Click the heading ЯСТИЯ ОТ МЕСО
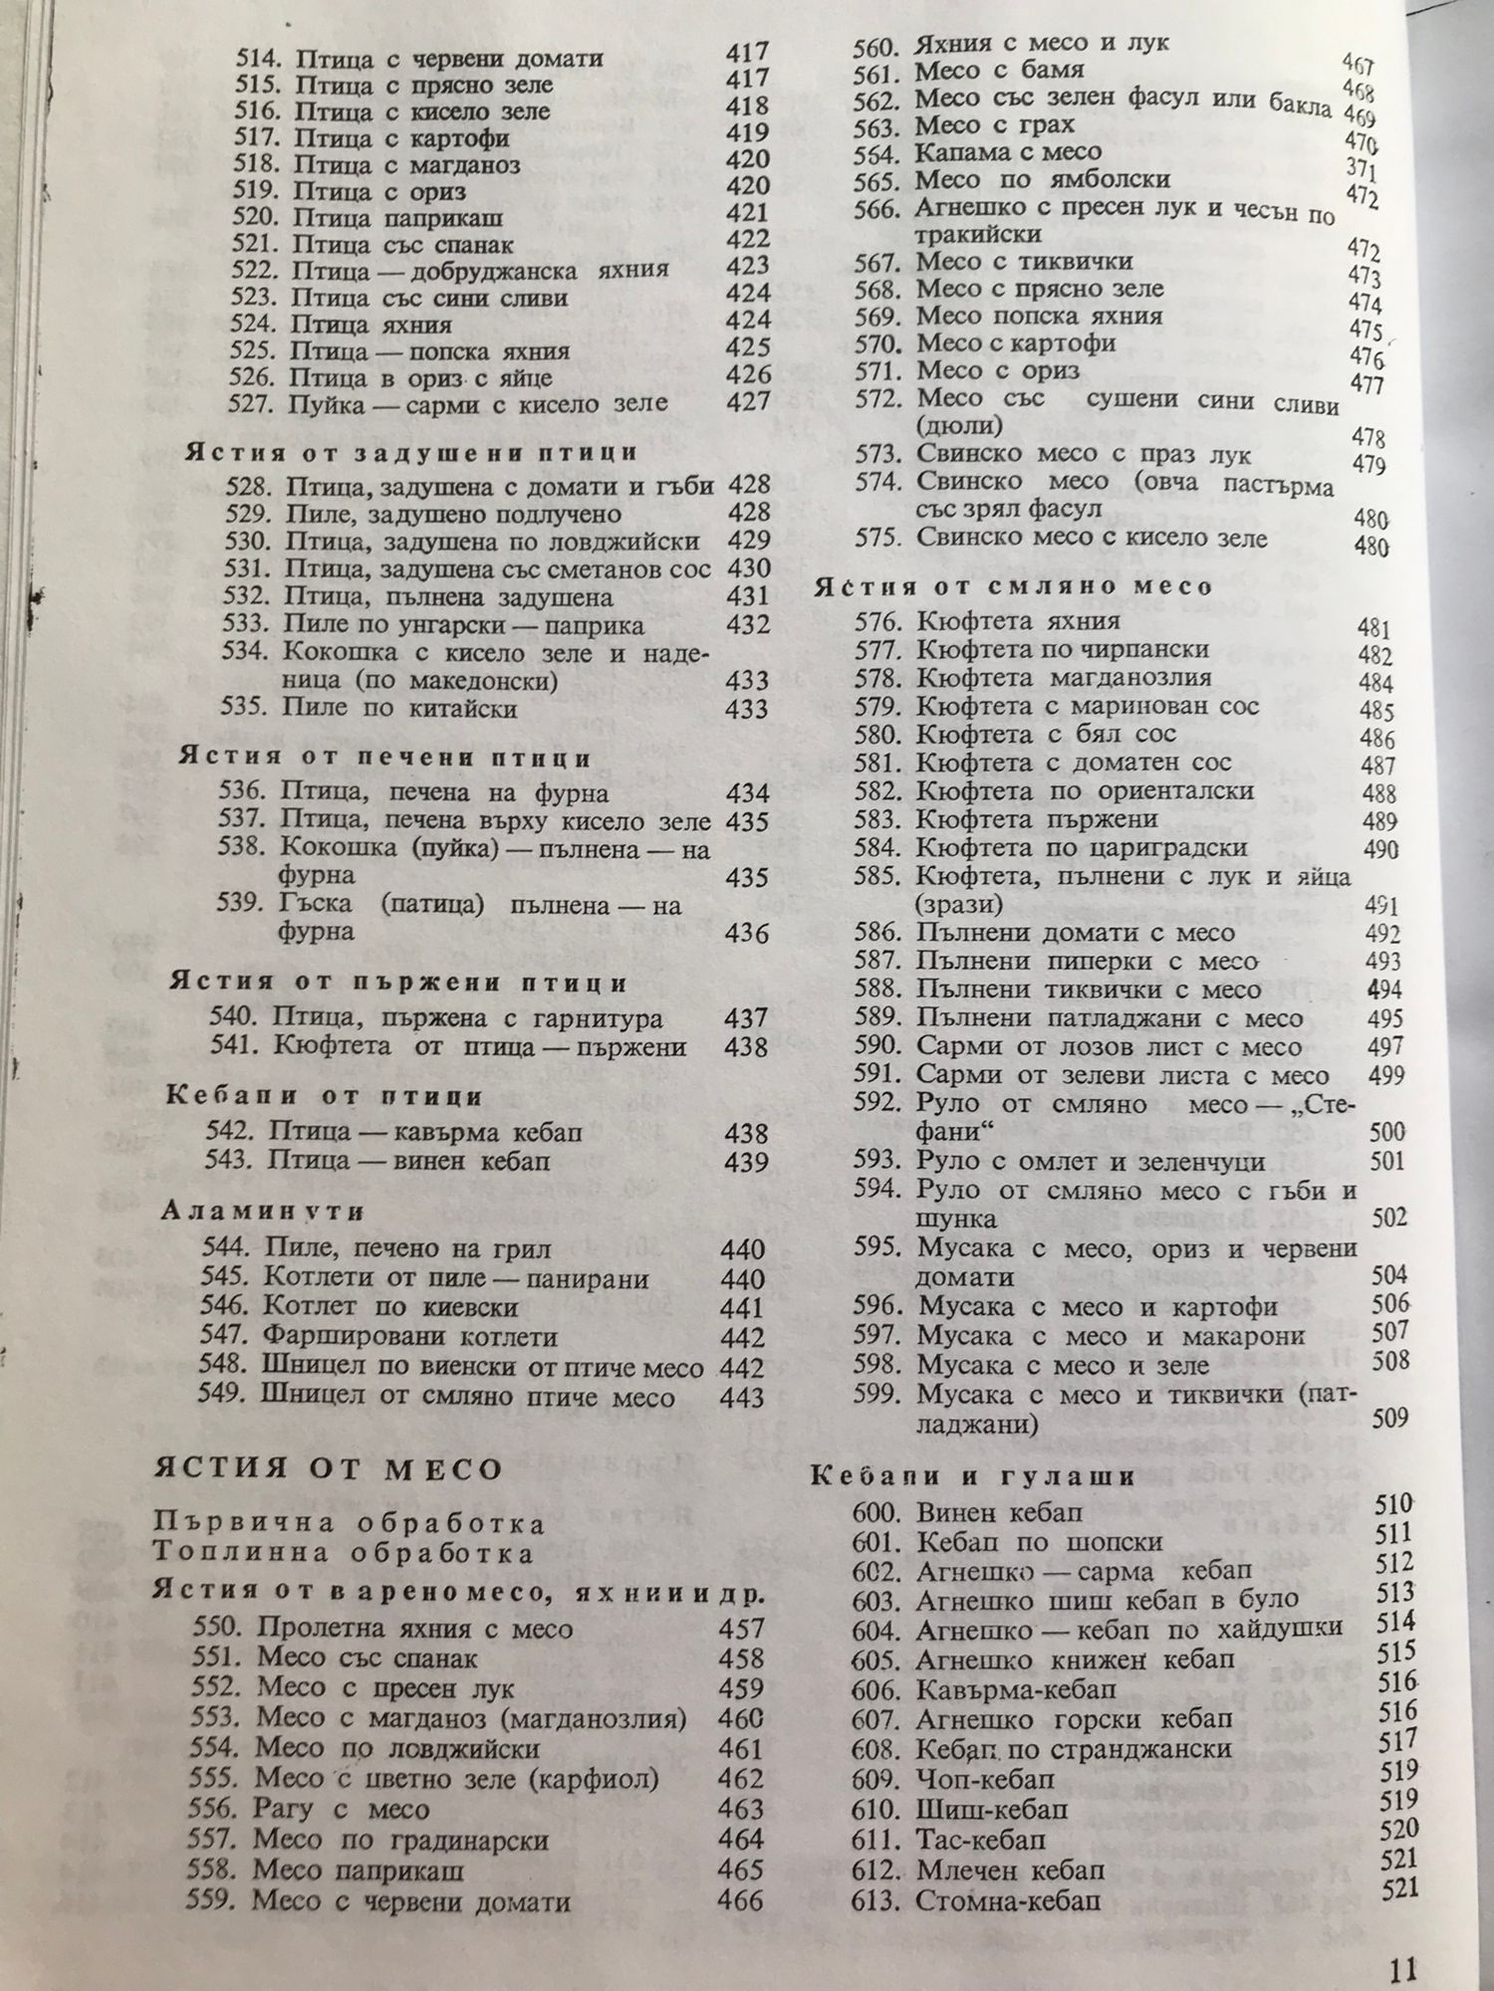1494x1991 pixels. pyautogui.click(x=328, y=1469)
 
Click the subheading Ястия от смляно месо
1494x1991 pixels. pyautogui.click(x=1014, y=586)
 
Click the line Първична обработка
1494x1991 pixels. pyautogui.click(x=350, y=1524)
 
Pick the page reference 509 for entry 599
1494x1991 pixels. pyautogui.click(x=1389, y=1418)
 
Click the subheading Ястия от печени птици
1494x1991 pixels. pyautogui.click(x=385, y=758)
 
